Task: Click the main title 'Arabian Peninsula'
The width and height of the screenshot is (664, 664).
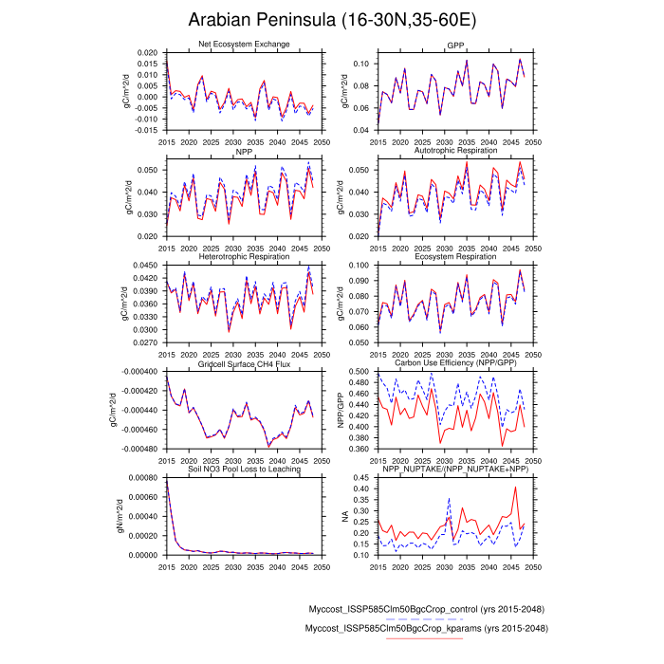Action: pyautogui.click(x=332, y=21)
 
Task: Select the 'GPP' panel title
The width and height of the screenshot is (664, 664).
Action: pyautogui.click(x=455, y=46)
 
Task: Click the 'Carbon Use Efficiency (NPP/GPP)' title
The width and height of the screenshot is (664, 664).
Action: pyautogui.click(x=455, y=363)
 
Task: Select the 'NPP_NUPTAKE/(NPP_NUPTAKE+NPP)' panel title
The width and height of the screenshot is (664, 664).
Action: pyautogui.click(x=455, y=470)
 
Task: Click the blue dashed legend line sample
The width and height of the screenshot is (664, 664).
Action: pyautogui.click(x=425, y=618)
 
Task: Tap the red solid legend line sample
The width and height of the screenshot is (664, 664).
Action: pyautogui.click(x=425, y=638)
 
